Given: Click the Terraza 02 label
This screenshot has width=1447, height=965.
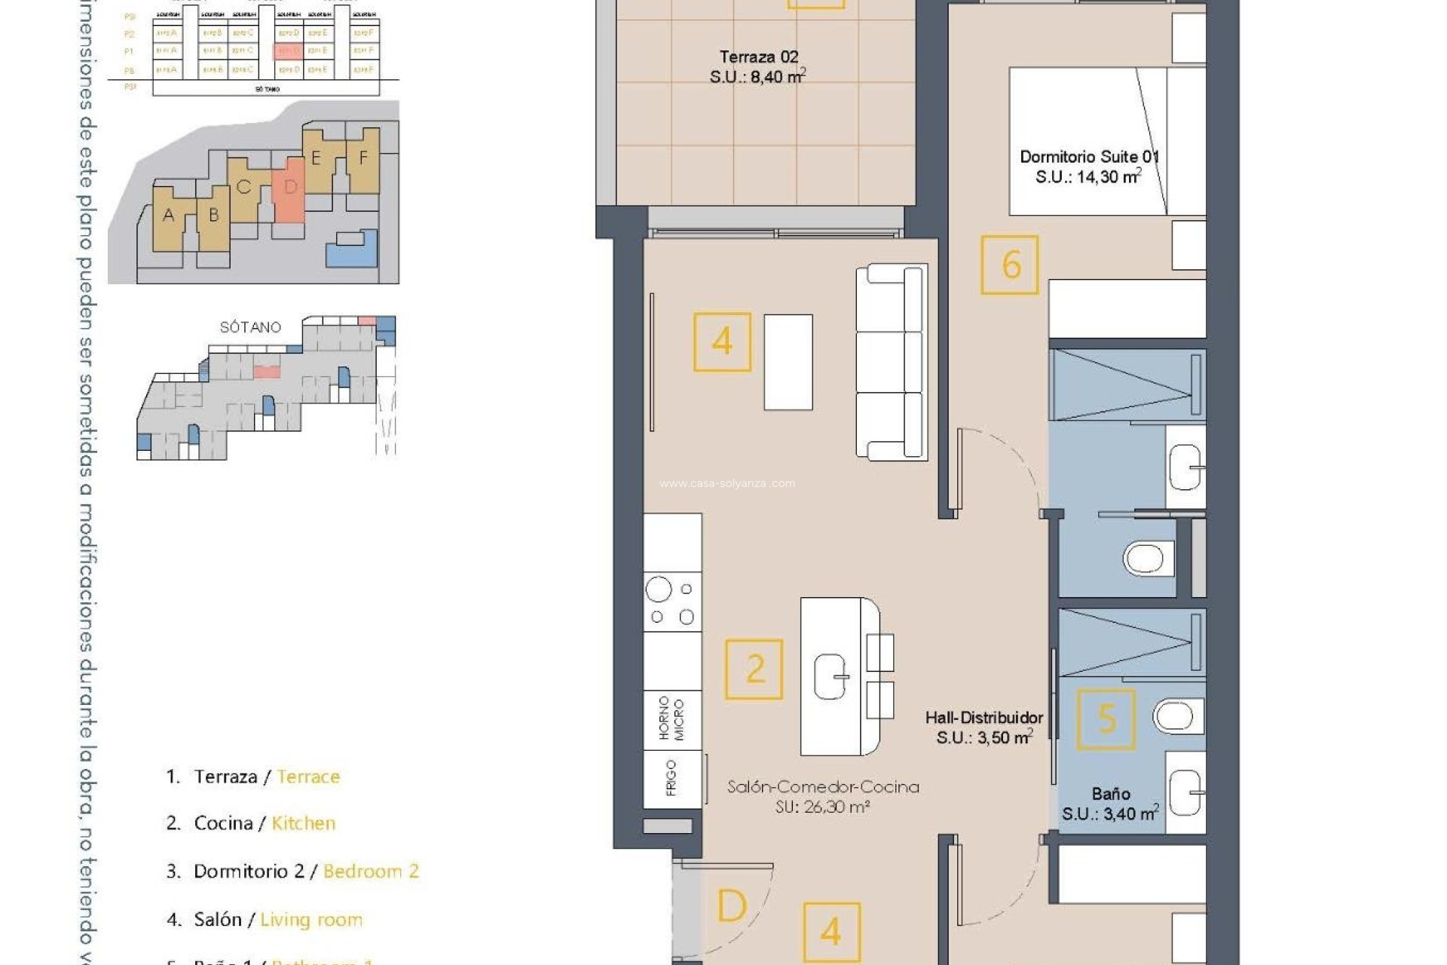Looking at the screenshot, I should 758,57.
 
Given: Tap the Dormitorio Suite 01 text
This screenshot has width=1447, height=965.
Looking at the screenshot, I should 1088,157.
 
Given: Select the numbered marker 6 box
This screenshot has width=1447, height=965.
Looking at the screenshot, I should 1010,265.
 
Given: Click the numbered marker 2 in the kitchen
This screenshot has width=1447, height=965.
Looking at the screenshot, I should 754,669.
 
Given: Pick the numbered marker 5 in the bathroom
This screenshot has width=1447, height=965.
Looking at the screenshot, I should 1106,719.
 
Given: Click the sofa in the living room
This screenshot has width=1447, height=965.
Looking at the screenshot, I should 891,362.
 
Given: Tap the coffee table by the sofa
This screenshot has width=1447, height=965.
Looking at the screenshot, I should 788,362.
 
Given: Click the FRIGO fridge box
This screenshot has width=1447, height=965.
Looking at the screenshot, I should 672,778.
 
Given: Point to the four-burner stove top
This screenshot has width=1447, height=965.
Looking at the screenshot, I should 672,602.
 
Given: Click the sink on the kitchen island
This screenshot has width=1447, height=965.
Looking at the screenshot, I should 831,676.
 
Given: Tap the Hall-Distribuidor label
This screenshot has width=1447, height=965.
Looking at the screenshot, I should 984,718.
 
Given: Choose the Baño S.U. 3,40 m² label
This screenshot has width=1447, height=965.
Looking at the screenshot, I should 1110,804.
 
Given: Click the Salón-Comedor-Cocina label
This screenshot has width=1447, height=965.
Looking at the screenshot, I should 822,787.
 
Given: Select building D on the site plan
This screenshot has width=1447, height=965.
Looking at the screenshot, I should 290,188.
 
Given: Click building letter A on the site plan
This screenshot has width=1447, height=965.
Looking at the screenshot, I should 168,216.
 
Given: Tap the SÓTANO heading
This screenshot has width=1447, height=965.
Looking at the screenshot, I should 250,327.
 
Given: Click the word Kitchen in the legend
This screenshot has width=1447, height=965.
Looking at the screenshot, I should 303,823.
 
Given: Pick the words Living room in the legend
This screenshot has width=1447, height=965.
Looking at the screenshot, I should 311,920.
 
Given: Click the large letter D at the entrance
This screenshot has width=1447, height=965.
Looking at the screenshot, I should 731,906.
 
